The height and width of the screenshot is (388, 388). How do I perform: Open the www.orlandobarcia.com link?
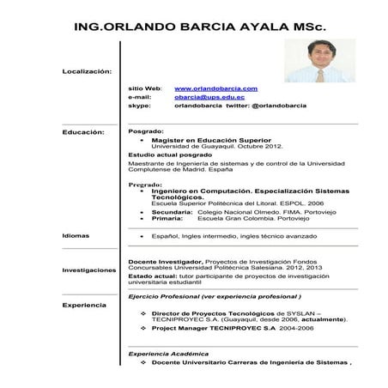[x=216, y=88]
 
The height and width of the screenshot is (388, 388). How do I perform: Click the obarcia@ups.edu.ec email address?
[x=209, y=97]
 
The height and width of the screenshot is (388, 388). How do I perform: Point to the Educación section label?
[x=83, y=132]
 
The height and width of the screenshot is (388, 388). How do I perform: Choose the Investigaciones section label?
[x=89, y=270]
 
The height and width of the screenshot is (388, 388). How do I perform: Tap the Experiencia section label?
[x=84, y=305]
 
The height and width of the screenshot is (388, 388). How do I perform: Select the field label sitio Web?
[x=145, y=88]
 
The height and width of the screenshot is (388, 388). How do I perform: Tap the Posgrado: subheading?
[x=146, y=132]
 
